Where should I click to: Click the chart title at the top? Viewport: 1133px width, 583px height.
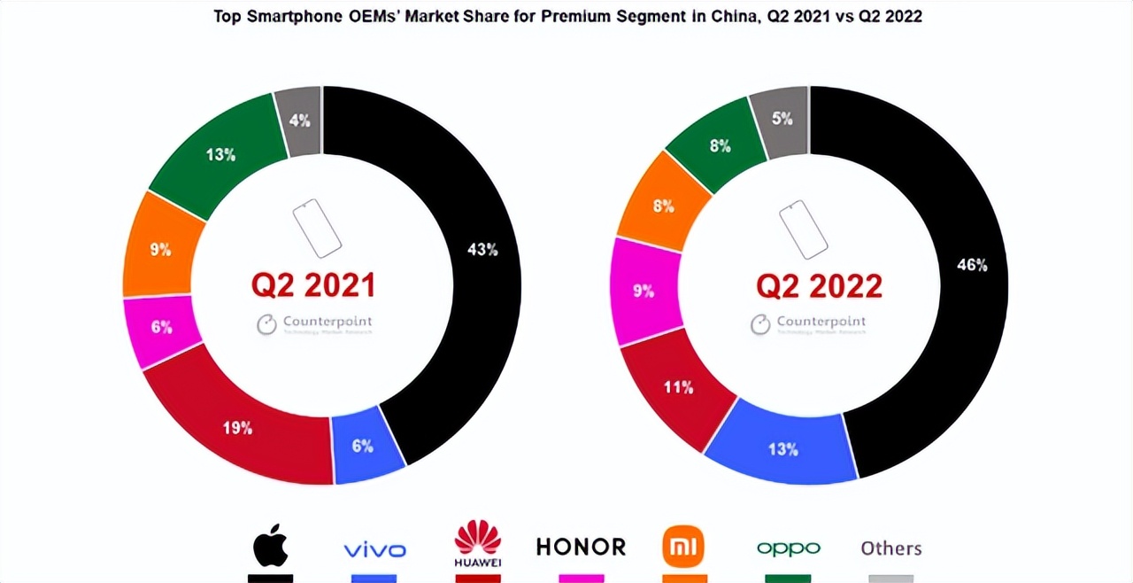coord(567,16)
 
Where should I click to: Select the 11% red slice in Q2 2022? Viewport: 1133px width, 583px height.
coord(680,388)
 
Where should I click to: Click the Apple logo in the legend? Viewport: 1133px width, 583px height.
coord(271,548)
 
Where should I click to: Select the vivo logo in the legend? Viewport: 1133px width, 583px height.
coord(374,549)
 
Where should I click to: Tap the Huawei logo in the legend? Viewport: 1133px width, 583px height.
coord(478,542)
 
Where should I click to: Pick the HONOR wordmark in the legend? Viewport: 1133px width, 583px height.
coord(581,547)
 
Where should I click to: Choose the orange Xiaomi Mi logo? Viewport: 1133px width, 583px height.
coord(683,546)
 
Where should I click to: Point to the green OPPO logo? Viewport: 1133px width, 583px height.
coord(788,548)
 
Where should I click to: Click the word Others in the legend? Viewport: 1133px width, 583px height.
coord(891,548)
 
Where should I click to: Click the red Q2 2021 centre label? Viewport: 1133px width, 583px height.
coord(313,285)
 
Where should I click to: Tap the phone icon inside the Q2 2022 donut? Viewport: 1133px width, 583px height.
coord(803,229)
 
